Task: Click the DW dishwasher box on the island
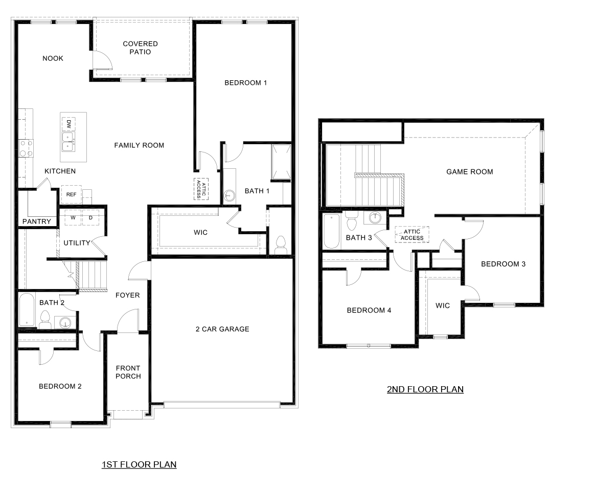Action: [x=68, y=124]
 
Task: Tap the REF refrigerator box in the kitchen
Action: [x=71, y=194]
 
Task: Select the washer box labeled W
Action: [x=73, y=217]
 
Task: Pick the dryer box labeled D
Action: [x=90, y=217]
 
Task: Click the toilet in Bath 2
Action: [x=44, y=320]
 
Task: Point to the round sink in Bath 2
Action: [x=64, y=322]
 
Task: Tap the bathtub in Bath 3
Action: [x=331, y=231]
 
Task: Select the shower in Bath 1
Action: [x=281, y=162]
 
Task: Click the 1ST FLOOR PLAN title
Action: [x=139, y=464]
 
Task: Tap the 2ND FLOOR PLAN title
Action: [x=425, y=389]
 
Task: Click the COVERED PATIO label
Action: [x=140, y=48]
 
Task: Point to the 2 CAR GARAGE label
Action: [x=222, y=329]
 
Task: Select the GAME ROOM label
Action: [x=469, y=172]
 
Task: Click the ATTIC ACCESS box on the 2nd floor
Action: [x=412, y=235]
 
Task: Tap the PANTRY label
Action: [x=36, y=221]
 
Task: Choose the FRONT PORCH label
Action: [x=128, y=372]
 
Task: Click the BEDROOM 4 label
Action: [x=369, y=310]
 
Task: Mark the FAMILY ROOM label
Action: [x=139, y=145]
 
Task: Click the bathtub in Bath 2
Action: [x=27, y=309]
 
